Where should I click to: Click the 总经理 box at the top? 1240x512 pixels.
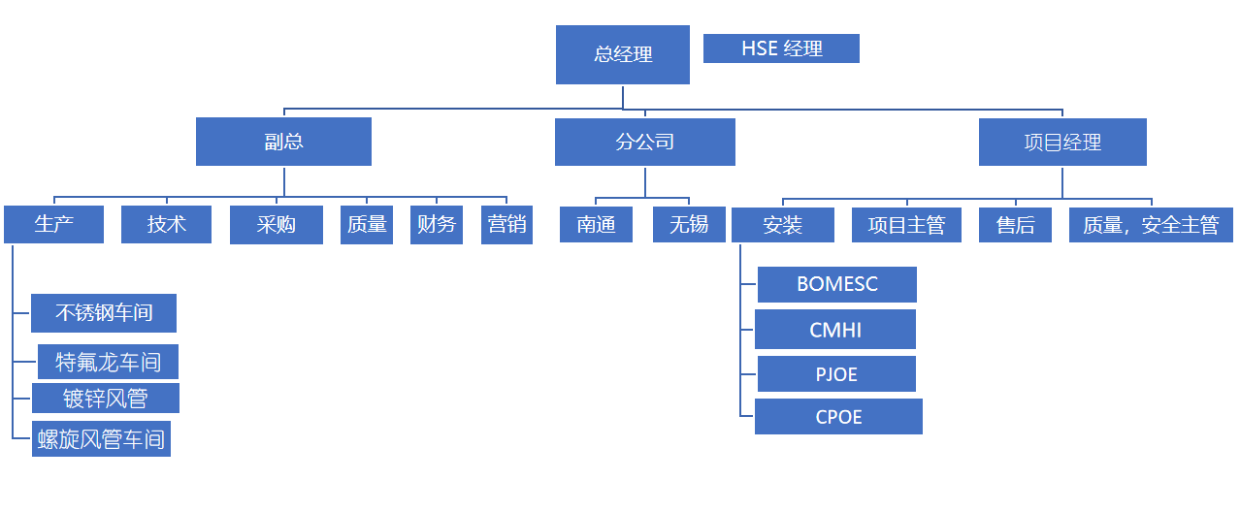point(622,54)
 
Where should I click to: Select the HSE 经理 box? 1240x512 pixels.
point(781,48)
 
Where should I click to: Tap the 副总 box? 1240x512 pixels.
point(283,142)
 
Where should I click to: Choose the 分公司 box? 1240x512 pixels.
point(644,142)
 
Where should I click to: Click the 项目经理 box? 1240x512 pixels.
point(1062,142)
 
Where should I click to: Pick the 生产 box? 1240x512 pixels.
point(53,225)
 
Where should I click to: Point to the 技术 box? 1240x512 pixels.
point(166,225)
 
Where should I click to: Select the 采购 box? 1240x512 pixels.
point(276,225)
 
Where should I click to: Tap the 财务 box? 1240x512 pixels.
point(436,225)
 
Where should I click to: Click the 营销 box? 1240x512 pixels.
point(506,225)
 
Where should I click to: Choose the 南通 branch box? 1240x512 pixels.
point(596,225)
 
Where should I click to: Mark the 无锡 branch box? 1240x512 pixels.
point(688,225)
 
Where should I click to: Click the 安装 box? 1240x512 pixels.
point(782,225)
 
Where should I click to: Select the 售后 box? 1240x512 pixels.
point(1015,225)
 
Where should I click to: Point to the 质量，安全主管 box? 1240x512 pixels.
point(1151,225)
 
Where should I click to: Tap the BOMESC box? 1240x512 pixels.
point(836,284)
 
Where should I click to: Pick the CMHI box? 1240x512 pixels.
point(834,330)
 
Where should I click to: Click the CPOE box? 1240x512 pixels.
point(838,417)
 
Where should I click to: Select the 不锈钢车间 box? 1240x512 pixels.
point(103,313)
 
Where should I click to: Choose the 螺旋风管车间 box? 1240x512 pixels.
point(101,438)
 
